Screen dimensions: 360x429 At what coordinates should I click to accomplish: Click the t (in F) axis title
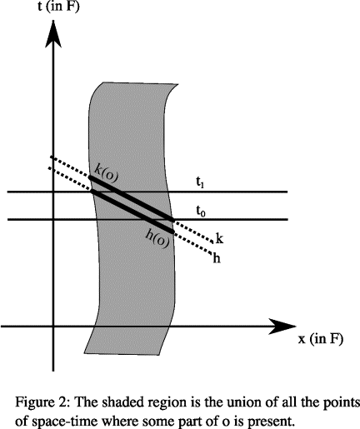click(58, 6)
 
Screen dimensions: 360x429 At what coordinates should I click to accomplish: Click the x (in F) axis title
click(321, 339)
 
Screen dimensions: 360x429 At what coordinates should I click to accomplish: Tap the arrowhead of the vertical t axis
click(53, 33)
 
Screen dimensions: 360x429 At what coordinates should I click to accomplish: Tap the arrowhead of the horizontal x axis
click(282, 327)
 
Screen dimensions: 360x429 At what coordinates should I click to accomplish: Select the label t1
click(200, 182)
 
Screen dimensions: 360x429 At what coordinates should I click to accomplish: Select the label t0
click(201, 212)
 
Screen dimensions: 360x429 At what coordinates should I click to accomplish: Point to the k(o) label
click(106, 173)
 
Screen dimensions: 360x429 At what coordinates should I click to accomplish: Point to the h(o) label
click(157, 239)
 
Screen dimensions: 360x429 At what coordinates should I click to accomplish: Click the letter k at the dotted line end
click(219, 238)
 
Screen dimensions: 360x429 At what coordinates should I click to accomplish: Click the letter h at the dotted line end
click(217, 258)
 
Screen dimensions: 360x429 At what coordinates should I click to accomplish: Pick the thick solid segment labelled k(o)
click(132, 198)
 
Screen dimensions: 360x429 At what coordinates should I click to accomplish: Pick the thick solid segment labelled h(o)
click(132, 211)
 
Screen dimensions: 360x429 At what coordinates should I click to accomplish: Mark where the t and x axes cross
click(53, 327)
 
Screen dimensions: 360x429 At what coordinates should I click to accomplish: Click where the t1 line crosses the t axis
click(53, 192)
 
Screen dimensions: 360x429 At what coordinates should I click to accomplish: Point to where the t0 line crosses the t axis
click(53, 220)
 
